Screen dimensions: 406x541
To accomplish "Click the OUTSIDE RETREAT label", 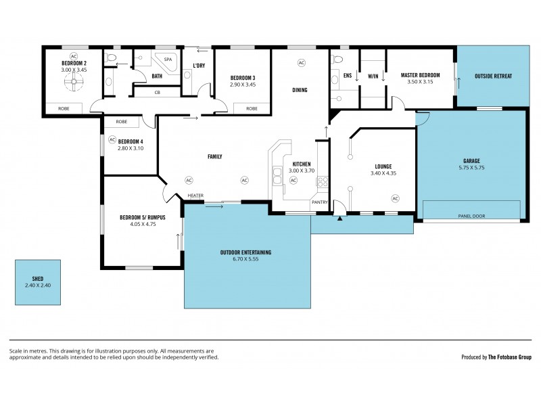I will pos(493,76).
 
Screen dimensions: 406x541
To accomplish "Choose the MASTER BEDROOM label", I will pos(420,75).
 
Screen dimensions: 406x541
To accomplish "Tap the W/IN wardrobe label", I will pos(373,76).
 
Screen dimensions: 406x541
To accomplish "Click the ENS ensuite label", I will pos(348,76).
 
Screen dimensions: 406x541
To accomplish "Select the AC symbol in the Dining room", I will pos(302,63).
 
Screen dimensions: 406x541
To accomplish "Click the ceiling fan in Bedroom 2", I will pos(74,83).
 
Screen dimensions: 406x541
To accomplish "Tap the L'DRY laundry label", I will pos(199,66).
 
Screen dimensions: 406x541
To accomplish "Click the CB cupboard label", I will pos(157,93).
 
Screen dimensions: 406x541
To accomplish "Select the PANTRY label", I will pos(319,202).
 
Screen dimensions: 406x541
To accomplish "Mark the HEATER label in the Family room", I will pos(195,196).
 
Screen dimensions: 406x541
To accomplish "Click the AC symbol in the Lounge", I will pos(395,198).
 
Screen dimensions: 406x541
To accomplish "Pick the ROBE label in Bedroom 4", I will pos(121,122).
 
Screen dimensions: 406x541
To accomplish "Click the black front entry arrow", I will pos(339,218).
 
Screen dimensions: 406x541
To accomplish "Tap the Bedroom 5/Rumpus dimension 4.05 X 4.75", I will pos(138,225).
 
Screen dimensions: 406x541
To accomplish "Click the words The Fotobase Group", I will pos(510,357).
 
